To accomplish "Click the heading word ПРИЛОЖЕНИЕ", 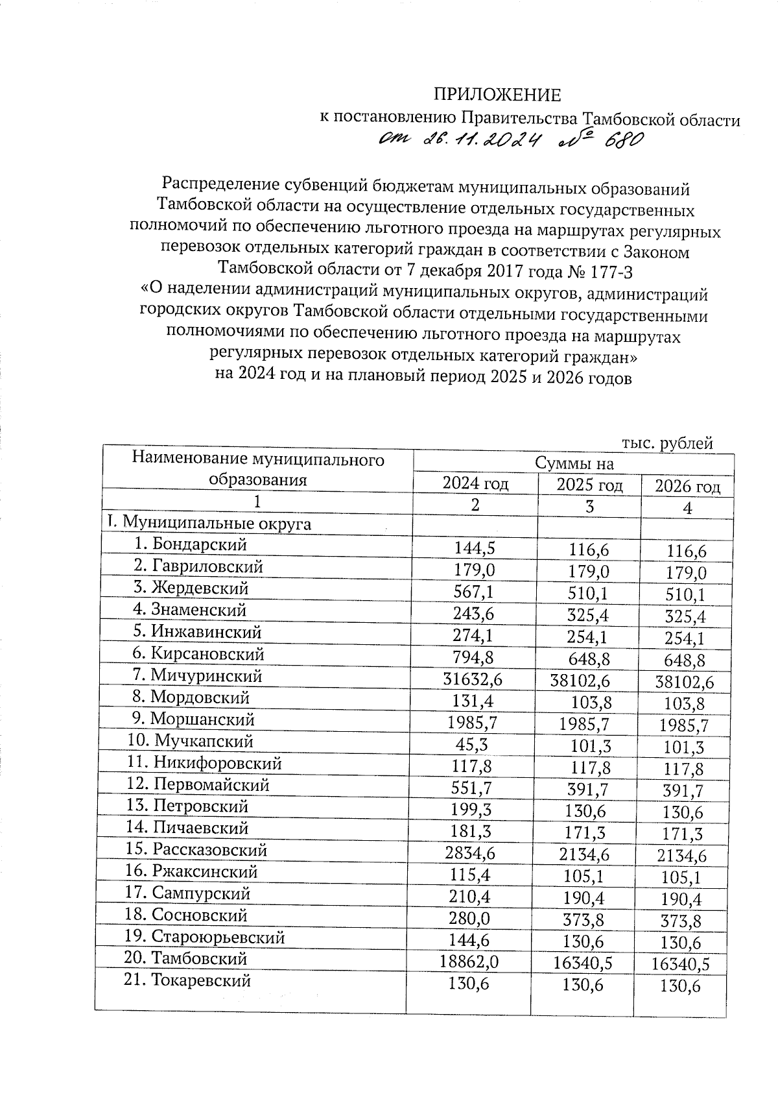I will (497, 95).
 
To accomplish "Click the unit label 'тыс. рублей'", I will (667, 443).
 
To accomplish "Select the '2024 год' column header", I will (475, 483).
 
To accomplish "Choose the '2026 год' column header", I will (687, 487).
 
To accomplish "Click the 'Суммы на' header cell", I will (574, 463).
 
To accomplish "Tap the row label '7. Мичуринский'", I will (197, 675).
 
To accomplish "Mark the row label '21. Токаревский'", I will (187, 980).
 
